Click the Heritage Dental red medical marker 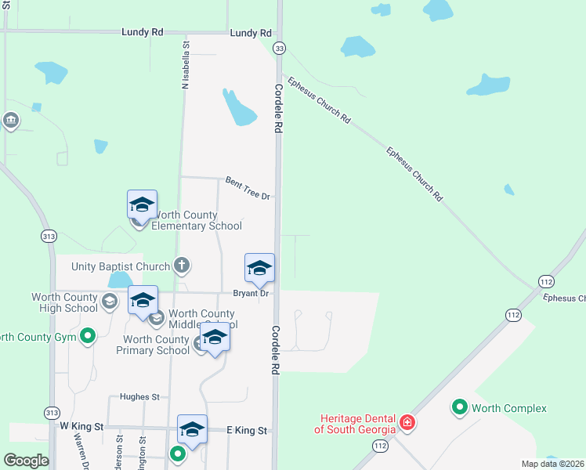[x=407, y=424]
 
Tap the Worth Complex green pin [x=459, y=407]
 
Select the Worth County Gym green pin [x=88, y=338]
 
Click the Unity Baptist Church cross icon [x=182, y=266]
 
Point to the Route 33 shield [x=279, y=49]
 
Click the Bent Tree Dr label [x=248, y=187]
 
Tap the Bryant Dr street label [x=251, y=294]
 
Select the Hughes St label [x=139, y=397]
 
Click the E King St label [x=247, y=430]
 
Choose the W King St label [x=81, y=426]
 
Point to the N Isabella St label [x=186, y=65]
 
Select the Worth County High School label [x=64, y=302]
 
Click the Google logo [x=26, y=461]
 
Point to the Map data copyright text [x=553, y=464]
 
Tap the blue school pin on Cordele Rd [x=260, y=269]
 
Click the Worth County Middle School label [x=201, y=318]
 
